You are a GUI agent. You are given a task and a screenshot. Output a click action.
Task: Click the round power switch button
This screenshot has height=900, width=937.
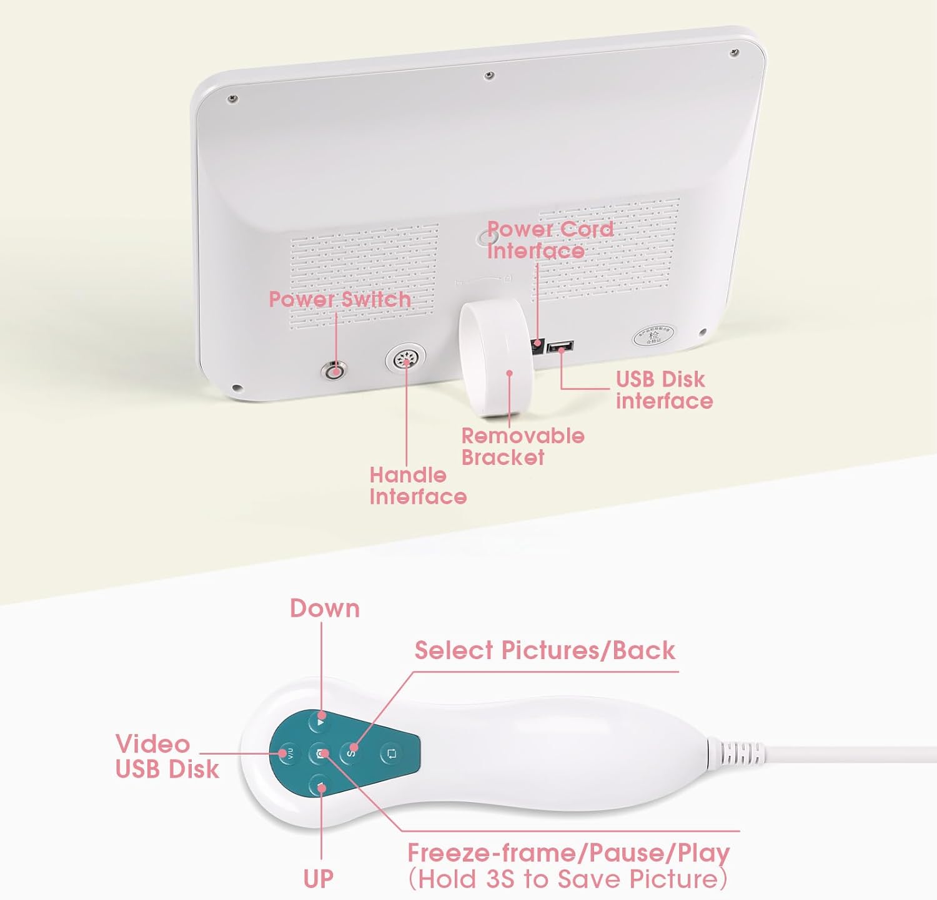(334, 371)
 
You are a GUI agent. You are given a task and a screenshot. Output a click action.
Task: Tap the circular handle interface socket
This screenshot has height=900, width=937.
(406, 361)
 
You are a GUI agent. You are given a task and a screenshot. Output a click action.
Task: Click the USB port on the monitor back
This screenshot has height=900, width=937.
(560, 347)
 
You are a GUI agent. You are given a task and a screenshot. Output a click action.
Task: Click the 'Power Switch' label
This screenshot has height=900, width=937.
(340, 299)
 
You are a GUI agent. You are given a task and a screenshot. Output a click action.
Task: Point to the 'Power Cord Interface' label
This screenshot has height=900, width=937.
(550, 240)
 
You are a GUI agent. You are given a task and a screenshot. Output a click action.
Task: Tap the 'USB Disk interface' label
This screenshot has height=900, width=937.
(663, 390)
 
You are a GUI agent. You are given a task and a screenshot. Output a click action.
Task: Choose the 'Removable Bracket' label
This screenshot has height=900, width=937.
(523, 446)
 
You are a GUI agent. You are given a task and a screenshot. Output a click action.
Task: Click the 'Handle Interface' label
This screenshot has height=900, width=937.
(417, 486)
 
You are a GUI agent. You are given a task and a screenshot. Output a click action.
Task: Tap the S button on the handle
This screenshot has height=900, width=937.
(351, 752)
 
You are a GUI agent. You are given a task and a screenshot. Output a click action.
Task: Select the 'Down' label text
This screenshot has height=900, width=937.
(325, 609)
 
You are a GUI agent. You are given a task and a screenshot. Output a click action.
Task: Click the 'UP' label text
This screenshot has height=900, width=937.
(319, 879)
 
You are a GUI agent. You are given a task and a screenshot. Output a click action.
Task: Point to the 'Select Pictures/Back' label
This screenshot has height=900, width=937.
(545, 650)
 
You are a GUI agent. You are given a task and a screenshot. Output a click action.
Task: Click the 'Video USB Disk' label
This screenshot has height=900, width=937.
(167, 756)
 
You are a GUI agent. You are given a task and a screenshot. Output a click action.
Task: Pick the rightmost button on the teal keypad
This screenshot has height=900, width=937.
(392, 753)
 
